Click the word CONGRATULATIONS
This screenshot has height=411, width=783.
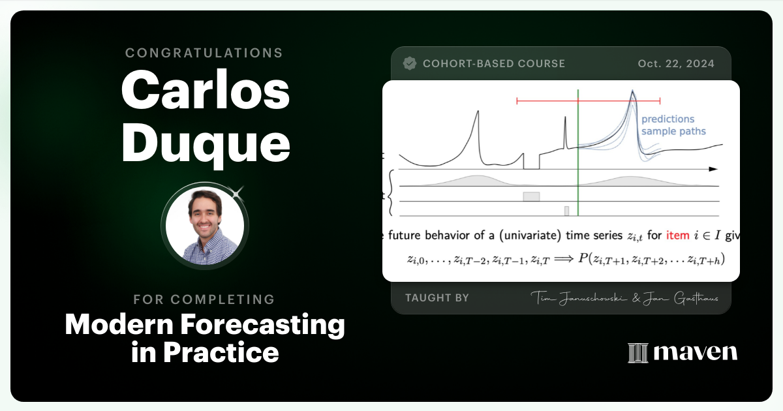pos(204,53)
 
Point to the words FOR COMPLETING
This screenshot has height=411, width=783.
pos(204,299)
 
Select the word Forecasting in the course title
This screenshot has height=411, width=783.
pos(275,324)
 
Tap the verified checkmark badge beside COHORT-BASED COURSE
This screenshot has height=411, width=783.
pos(410,63)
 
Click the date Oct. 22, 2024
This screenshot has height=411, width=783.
pos(675,64)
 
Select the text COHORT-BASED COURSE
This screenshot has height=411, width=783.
pos(494,64)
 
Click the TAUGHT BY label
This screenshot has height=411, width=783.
pos(437,297)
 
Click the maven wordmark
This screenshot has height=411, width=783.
pos(695,352)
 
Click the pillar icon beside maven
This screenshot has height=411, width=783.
pos(637,353)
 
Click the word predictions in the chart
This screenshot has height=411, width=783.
pos(668,119)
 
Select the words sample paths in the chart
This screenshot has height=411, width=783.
pos(673,131)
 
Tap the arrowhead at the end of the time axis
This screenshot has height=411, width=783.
pos(713,169)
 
